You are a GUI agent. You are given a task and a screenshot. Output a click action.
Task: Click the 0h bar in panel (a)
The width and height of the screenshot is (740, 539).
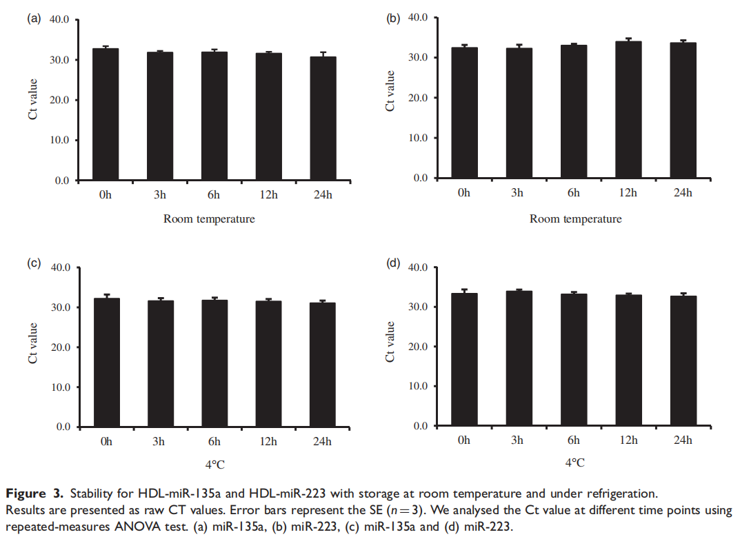click(106, 114)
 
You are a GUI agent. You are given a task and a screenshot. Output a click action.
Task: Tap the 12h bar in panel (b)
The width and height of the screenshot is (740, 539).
click(628, 110)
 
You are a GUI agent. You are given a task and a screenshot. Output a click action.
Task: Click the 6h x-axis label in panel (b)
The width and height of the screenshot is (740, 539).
click(574, 192)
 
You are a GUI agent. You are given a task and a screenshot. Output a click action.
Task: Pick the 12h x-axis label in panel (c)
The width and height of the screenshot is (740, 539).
click(269, 442)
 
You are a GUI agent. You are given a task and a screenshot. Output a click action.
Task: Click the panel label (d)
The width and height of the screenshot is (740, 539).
click(393, 263)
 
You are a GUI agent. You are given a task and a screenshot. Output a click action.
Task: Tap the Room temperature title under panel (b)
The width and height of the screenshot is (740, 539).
click(575, 219)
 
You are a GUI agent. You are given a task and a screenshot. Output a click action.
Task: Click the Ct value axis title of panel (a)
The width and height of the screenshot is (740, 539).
click(32, 100)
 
